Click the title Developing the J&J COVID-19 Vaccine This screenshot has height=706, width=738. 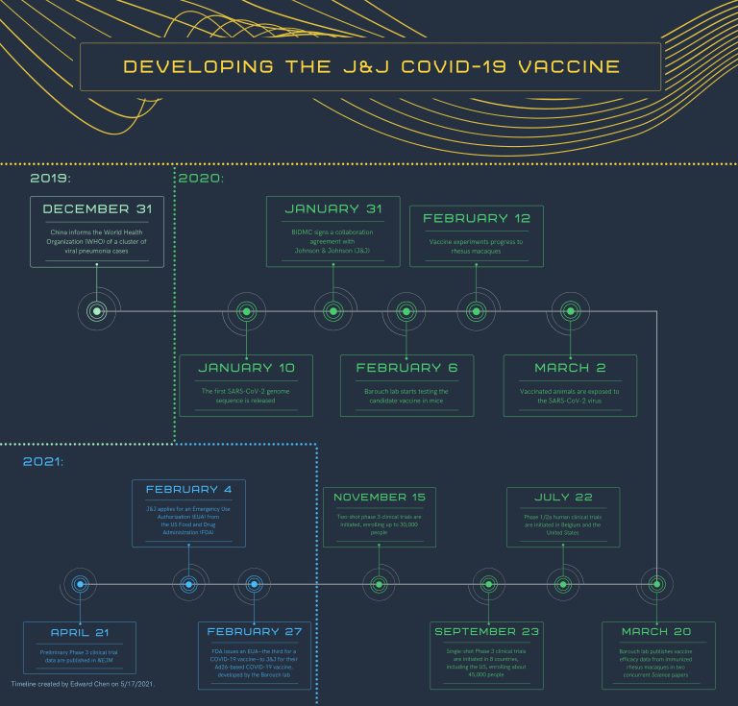pos(371,67)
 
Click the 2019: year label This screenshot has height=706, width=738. pos(50,179)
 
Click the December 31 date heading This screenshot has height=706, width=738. pos(97,208)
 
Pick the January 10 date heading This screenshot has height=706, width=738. pos(246,367)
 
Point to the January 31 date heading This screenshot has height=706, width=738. pos(332,208)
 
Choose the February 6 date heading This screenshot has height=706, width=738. pos(406,367)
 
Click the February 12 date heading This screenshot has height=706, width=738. pos(477,218)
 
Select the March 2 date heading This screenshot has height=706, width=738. pos(570,367)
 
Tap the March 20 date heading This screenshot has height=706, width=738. pos(656,631)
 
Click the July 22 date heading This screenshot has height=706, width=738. pos(562,497)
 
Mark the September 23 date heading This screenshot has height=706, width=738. pos(488,631)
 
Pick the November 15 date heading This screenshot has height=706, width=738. pos(379,497)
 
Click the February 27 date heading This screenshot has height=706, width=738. pos(255,631)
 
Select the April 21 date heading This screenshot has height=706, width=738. pos(81,631)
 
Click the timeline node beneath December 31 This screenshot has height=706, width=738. pos(97,311)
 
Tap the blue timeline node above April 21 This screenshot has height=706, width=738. pos(81,583)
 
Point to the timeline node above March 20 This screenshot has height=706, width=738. pos(656,583)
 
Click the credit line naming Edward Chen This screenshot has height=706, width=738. pos(84,684)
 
